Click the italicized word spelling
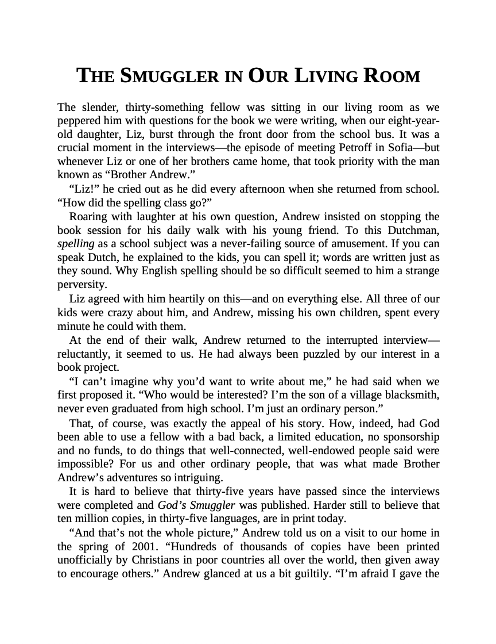(x=76, y=243)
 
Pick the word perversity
(x=81, y=284)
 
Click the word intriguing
(x=200, y=477)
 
